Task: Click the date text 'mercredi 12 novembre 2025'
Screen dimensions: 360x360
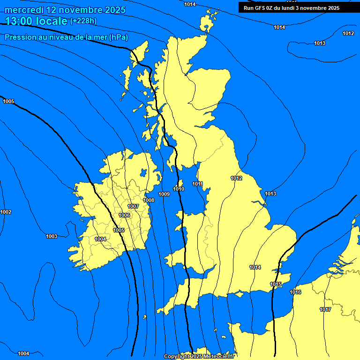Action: (x=65, y=10)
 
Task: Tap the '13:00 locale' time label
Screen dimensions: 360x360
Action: (x=36, y=21)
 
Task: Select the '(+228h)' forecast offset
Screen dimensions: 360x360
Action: (x=83, y=21)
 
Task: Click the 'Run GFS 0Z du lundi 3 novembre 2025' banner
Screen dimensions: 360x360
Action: (x=292, y=7)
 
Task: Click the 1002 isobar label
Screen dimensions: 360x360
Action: (x=6, y=212)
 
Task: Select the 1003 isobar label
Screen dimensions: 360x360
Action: (x=52, y=237)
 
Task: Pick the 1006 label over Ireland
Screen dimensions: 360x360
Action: (x=124, y=216)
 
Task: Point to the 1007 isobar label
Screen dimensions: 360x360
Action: (x=133, y=207)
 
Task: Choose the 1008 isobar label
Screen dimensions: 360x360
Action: (x=149, y=201)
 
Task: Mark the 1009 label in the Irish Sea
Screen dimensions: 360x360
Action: (x=164, y=195)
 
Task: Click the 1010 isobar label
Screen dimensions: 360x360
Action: (x=179, y=189)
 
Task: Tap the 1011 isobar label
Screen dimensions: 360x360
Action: (x=197, y=184)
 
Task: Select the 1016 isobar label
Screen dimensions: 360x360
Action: (x=295, y=292)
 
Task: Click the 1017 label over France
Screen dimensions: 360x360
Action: (x=325, y=310)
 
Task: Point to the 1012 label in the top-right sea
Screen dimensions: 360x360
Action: (x=348, y=33)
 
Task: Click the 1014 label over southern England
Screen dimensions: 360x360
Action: (x=255, y=268)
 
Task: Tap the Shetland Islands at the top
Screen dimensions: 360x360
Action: (x=206, y=23)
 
